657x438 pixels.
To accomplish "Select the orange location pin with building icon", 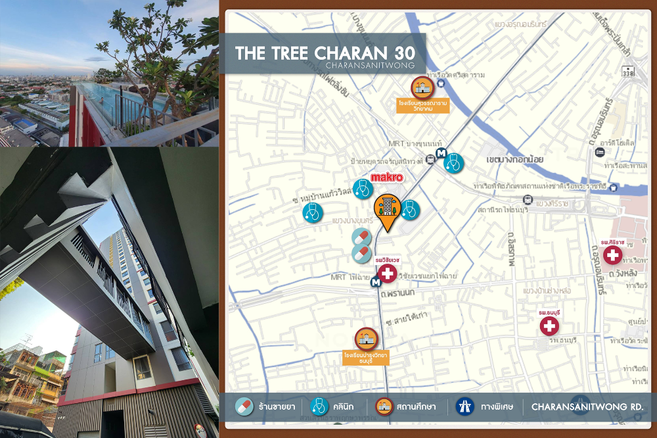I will pos(388,210).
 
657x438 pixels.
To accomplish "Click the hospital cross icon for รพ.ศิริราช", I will pos(613,256).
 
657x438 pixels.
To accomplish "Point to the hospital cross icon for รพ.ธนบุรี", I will pos(549,325).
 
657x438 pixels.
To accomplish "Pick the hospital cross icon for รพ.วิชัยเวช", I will pos(388,274).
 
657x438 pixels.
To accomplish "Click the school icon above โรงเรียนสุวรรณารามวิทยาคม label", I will pos(420,87).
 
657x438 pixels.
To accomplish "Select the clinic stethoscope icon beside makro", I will pos(362,189).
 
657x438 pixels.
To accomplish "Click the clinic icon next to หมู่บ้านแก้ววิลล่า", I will pos(313,212).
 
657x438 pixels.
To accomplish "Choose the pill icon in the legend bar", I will pos(244,406).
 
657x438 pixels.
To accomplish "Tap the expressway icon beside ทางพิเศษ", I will pos(464,406).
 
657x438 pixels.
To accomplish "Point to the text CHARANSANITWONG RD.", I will pos(587,406).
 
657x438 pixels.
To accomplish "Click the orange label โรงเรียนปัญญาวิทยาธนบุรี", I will pos(367,357).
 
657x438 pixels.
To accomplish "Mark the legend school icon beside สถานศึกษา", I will pos(385,406).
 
